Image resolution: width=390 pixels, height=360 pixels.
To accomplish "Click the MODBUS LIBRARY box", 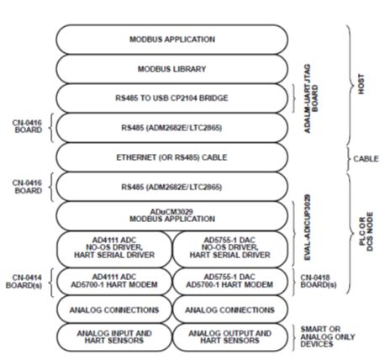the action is coord(172,69).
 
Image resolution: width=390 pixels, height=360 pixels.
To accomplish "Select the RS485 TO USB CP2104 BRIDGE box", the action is coord(172,98).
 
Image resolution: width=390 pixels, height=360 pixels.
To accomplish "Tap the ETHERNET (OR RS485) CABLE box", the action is coord(172,157).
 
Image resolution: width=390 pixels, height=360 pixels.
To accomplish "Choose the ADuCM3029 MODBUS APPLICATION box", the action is coord(172,215).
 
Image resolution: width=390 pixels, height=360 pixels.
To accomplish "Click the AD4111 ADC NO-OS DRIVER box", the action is coord(114,249).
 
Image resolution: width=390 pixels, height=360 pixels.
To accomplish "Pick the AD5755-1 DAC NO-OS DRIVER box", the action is coord(230,249).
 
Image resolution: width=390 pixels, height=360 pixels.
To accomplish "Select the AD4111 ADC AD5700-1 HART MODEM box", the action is coord(114,281).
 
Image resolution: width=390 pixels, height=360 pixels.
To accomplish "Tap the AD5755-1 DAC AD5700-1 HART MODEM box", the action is coord(230,281).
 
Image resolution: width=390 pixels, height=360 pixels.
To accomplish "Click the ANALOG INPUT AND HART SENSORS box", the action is coord(114,337).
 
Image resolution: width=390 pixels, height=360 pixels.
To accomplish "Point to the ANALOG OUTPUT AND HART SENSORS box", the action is coord(230,337).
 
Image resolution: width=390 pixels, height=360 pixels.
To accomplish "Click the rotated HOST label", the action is coord(361,84).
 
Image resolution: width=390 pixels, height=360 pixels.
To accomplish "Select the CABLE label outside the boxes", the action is coord(366,159).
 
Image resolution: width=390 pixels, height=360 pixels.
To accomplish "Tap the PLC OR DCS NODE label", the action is coord(366,231).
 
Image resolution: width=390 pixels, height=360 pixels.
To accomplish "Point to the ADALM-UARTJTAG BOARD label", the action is coord(311,98).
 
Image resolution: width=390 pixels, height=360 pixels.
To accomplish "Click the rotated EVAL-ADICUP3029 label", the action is coord(308,227).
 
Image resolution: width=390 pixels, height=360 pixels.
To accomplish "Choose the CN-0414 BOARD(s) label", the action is coord(24,282).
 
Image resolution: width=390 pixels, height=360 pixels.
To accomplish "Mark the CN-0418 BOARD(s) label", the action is coord(319,282).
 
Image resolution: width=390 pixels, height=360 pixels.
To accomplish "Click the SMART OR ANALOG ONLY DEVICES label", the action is coord(328,336).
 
